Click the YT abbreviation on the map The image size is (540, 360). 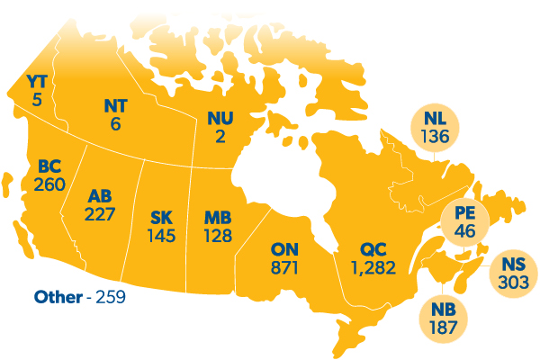click(37, 84)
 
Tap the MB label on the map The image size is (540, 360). click(218, 219)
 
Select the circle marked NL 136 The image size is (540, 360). click(435, 126)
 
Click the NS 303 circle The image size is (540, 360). click(513, 271)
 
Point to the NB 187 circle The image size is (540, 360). click(443, 318)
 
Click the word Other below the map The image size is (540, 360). click(58, 295)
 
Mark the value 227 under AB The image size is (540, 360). click(99, 214)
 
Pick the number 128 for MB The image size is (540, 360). click(218, 236)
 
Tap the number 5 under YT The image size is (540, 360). click(37, 101)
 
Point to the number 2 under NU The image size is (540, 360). click(220, 136)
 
